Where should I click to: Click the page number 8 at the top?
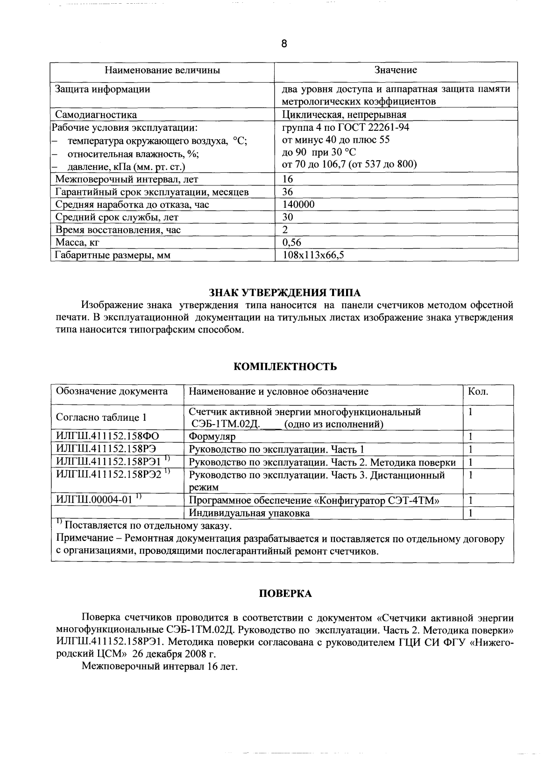284,44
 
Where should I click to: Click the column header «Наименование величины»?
162,71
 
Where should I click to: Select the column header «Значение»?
396,71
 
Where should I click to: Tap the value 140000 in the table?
298,205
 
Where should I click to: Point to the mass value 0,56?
292,242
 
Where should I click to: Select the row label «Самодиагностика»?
96,115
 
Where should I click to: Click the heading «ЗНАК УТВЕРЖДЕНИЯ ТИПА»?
284,293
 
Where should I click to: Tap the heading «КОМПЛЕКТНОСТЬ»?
285,367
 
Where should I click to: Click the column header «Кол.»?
478,392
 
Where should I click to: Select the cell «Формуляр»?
212,437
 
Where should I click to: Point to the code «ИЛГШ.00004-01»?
94,500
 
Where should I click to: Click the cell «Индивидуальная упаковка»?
249,513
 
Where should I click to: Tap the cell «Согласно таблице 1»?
101,418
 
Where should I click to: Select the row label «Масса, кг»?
78,242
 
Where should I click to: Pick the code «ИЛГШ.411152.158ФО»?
107,437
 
